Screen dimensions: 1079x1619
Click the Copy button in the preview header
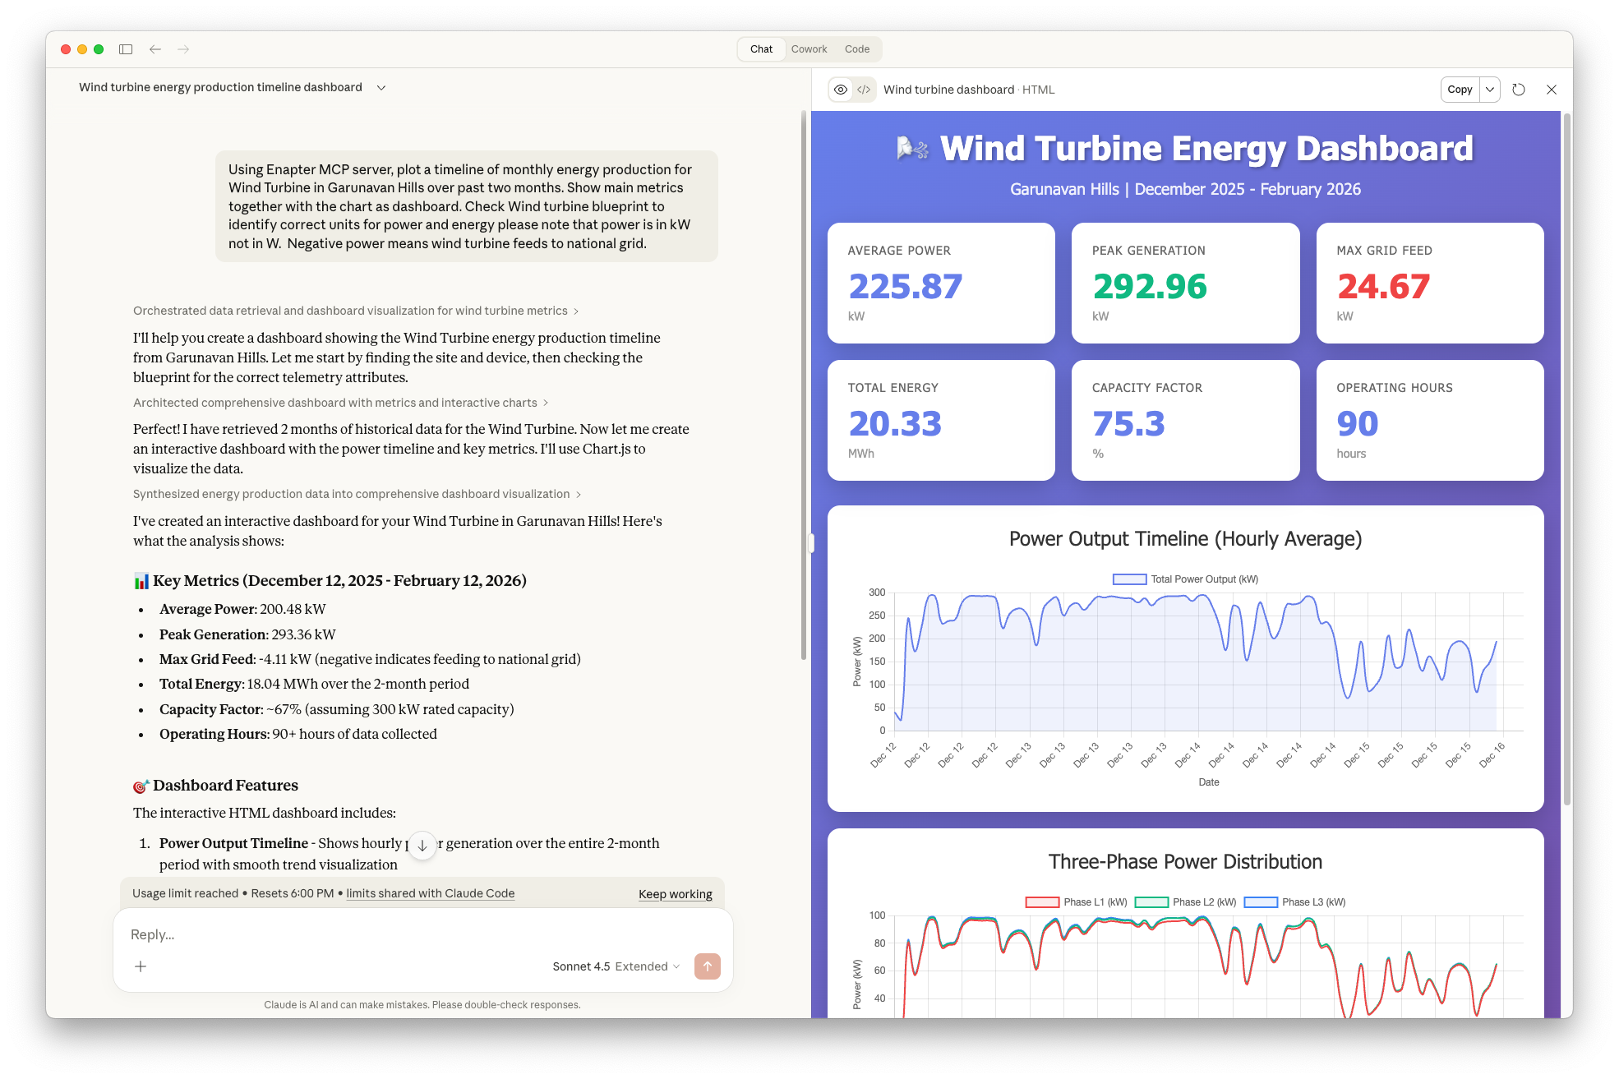[1460, 90]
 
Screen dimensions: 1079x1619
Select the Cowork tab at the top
[809, 49]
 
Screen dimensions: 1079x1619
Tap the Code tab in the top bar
[856, 49]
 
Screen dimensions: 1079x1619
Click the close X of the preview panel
[1551, 90]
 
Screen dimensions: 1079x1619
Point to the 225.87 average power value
[905, 287]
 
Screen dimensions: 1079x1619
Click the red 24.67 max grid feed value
[1383, 287]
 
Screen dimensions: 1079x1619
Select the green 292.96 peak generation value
[1149, 287]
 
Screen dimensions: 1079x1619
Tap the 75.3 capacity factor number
[1128, 424]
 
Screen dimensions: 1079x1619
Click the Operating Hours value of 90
[1357, 424]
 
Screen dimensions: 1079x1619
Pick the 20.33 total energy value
[894, 424]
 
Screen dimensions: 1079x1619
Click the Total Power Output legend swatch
[1129, 579]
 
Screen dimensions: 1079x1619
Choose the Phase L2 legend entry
[1186, 902]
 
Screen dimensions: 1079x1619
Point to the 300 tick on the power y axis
[877, 593]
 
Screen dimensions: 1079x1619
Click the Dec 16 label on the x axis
[1492, 754]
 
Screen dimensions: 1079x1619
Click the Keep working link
[675, 894]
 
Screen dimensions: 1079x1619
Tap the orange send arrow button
[707, 966]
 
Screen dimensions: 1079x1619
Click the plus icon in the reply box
[141, 966]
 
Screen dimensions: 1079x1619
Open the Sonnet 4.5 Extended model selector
[616, 966]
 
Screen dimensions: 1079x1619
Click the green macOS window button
[99, 49]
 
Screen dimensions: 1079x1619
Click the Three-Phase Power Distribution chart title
[1184, 862]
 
